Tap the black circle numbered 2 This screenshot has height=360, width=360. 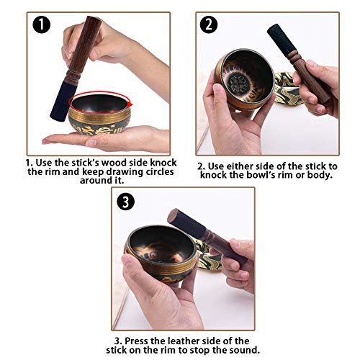click(x=210, y=25)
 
